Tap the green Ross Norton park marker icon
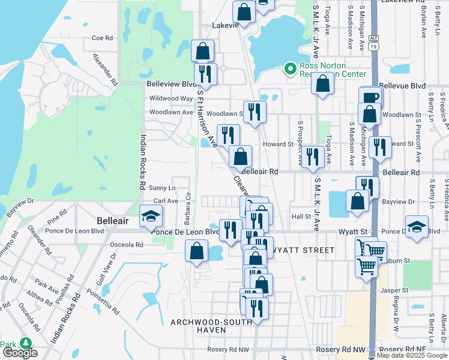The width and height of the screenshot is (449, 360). tap(291, 69)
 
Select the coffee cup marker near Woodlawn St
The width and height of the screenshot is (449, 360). tap(370, 97)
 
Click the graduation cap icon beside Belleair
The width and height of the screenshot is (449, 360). tap(151, 217)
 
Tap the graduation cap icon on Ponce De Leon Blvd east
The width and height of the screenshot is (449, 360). tap(417, 227)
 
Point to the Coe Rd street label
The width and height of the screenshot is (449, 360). tap(102, 38)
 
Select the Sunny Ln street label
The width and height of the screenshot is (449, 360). tap(162, 188)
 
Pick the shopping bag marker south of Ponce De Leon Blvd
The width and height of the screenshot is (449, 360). tap(197, 252)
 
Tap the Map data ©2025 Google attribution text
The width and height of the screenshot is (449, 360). tap(411, 356)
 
